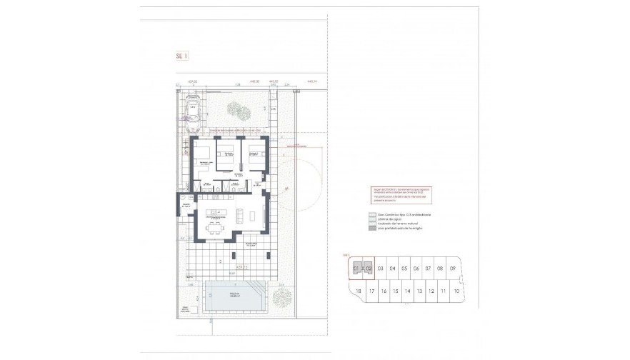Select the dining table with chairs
pyautogui.click(x=214, y=229)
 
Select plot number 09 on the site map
pyautogui.click(x=452, y=269)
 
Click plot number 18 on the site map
pyautogui.click(x=359, y=291)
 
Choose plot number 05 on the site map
pyautogui.click(x=404, y=269)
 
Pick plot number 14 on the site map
pyautogui.click(x=407, y=291)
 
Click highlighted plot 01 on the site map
pyautogui.click(x=356, y=269)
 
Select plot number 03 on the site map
pyautogui.click(x=381, y=269)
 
